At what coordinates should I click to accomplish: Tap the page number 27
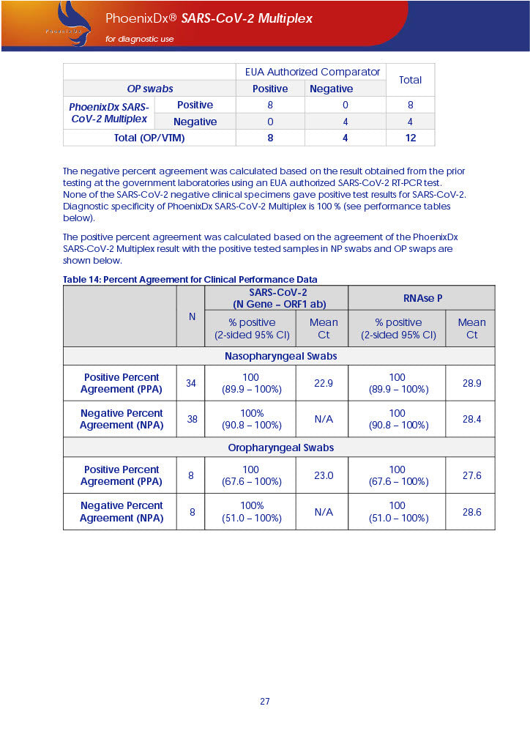(264, 701)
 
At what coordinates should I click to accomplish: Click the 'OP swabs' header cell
(149, 89)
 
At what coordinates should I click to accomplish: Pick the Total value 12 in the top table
(410, 138)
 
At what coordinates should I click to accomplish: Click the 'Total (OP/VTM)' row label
(149, 138)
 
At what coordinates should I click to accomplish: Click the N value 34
(191, 383)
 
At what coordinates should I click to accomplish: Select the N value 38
(191, 419)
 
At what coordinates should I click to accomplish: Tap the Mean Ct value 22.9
(323, 383)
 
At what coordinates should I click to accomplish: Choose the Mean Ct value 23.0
(323, 475)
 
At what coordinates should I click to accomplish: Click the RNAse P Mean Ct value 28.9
(471, 383)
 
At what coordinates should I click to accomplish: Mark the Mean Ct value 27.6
(471, 475)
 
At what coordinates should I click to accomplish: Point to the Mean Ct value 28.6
(471, 511)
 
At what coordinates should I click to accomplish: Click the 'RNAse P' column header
(421, 298)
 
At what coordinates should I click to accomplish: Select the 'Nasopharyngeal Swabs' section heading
(280, 356)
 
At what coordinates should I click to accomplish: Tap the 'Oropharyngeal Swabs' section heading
(280, 448)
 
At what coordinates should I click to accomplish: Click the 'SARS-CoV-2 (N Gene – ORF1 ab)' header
(277, 298)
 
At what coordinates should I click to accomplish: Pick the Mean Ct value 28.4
(471, 419)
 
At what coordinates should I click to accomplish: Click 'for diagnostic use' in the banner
(140, 39)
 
